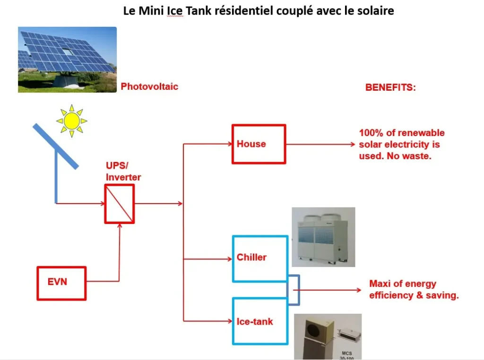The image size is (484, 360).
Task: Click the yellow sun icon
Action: [72, 120]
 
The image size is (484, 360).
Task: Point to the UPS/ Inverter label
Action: [123, 171]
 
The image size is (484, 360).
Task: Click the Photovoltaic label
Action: [149, 86]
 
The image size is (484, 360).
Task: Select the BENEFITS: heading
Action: [390, 87]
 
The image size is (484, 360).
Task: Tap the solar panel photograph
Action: [67, 60]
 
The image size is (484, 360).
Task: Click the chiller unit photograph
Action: [323, 237]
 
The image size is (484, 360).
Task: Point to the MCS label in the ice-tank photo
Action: [346, 353]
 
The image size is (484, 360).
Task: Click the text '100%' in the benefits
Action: [371, 133]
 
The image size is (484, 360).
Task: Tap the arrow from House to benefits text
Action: [321, 144]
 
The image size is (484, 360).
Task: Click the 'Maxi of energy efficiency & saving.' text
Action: [414, 289]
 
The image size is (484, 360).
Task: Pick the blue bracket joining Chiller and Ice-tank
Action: [299, 290]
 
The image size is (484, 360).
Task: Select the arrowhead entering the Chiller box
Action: [230, 259]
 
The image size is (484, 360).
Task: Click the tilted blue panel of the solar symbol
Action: [56, 146]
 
